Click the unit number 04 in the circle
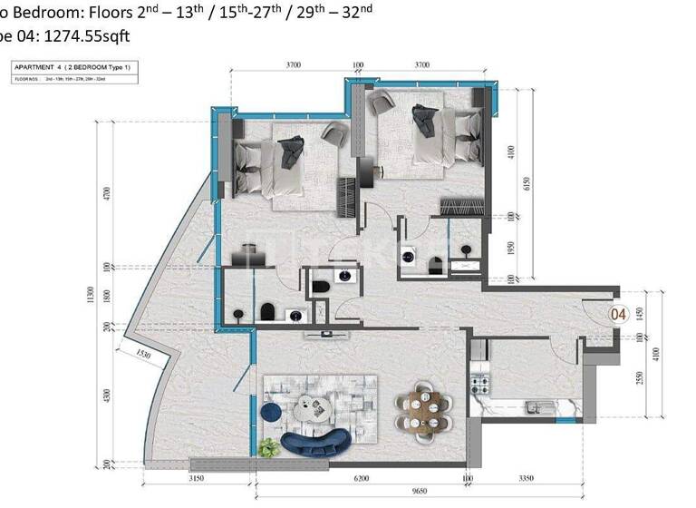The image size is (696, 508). tap(619, 315)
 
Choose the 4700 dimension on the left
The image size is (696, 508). tap(107, 194)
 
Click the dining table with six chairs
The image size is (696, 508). tap(423, 407)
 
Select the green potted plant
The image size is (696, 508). tap(268, 446)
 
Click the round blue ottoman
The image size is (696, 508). tap(270, 413)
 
